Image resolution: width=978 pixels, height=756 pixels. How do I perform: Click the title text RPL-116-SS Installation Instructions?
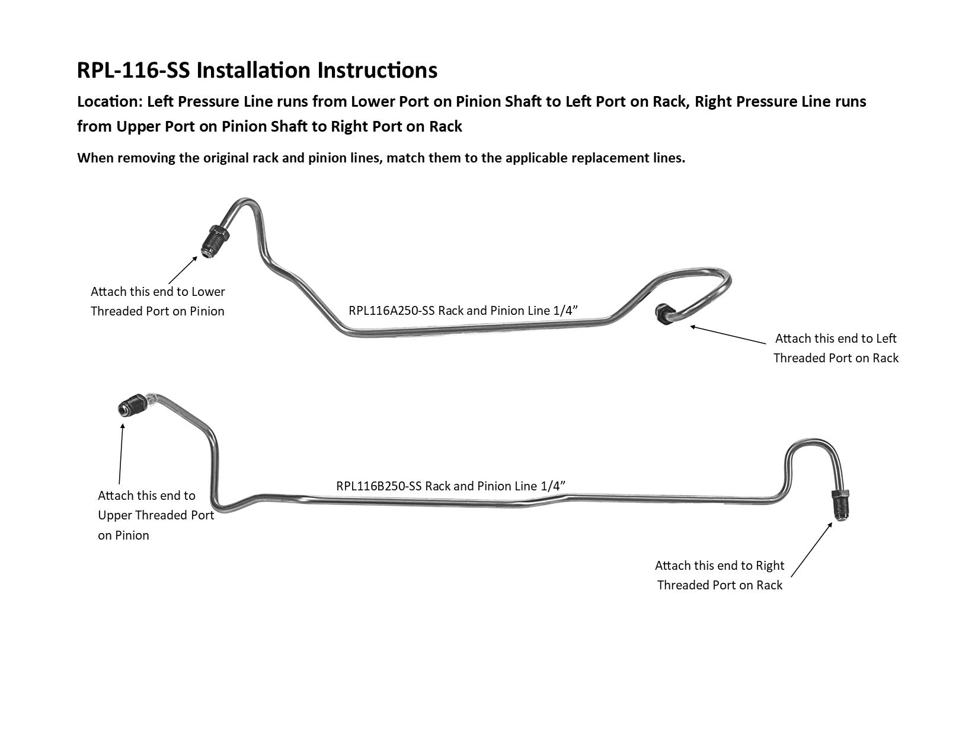(257, 70)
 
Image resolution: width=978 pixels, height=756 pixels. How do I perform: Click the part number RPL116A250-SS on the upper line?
(392, 311)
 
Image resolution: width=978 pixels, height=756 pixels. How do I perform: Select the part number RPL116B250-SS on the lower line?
(379, 486)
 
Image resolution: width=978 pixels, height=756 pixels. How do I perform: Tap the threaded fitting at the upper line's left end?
(215, 241)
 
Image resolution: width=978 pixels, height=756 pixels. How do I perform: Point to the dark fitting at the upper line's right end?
(664, 314)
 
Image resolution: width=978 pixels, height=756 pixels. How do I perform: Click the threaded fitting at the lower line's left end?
(132, 405)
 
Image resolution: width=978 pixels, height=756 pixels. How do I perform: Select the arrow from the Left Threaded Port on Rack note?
(728, 334)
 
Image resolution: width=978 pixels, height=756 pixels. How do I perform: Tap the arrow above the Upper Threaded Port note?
(121, 454)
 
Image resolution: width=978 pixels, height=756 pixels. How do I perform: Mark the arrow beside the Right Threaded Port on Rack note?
(811, 550)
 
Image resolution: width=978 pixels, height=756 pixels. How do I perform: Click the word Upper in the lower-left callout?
(115, 516)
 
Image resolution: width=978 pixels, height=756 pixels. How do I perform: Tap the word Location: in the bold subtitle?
(110, 102)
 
